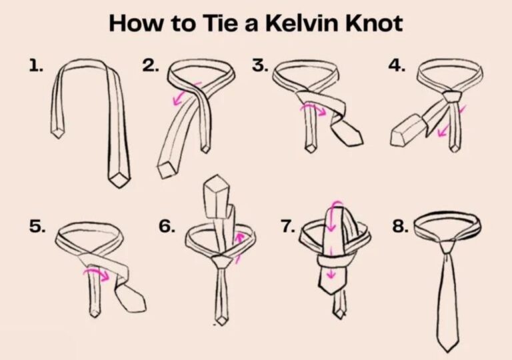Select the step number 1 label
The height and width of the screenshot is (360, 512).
(35, 65)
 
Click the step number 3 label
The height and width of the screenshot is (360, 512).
(260, 65)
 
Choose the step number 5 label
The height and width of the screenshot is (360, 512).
(37, 227)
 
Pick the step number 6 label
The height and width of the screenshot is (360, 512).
(166, 227)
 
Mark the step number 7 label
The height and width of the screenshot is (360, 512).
(287, 227)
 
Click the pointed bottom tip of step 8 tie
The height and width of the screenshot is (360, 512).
(447, 347)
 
